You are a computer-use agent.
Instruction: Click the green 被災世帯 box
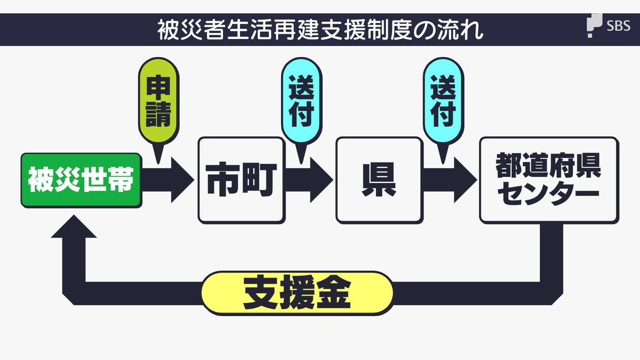[x=81, y=180]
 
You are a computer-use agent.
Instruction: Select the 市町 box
[x=241, y=180]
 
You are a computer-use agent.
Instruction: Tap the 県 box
[x=379, y=180]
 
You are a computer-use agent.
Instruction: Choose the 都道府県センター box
[x=549, y=180]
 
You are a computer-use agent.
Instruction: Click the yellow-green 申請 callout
[x=158, y=101]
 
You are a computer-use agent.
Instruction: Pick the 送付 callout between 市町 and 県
[x=301, y=101]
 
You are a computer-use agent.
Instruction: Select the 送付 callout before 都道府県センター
[x=443, y=101]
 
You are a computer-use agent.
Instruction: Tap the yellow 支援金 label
[x=297, y=292]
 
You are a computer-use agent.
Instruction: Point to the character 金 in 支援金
[x=334, y=292]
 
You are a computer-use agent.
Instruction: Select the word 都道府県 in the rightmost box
[x=549, y=166]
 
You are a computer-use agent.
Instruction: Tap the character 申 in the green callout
[x=158, y=86]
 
